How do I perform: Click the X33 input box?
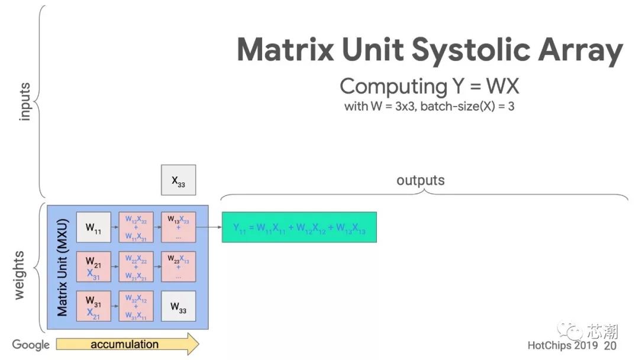[178, 180]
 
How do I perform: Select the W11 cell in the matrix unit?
[93, 227]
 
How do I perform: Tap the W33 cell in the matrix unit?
[178, 307]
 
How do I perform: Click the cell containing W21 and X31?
[93, 267]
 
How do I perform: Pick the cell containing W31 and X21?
[93, 307]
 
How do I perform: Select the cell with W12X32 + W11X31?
[136, 227]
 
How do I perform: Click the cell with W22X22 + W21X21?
[136, 267]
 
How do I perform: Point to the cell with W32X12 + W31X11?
[136, 307]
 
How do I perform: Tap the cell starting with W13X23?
[178, 227]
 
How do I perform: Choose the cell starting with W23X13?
[178, 267]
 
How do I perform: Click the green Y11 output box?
[299, 227]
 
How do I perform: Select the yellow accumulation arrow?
[127, 344]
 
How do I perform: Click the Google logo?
[31, 345]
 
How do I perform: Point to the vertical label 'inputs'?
[25, 101]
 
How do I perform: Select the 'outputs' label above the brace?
[420, 180]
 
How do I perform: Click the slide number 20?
[610, 345]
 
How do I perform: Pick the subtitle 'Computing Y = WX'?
[429, 86]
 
